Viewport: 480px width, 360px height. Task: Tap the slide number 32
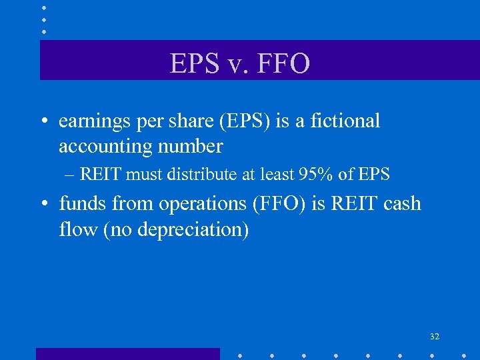click(x=435, y=337)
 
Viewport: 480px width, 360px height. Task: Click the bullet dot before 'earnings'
click(x=45, y=122)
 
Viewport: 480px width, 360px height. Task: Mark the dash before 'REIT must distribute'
click(x=71, y=175)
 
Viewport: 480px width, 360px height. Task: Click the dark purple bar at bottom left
click(x=127, y=354)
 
